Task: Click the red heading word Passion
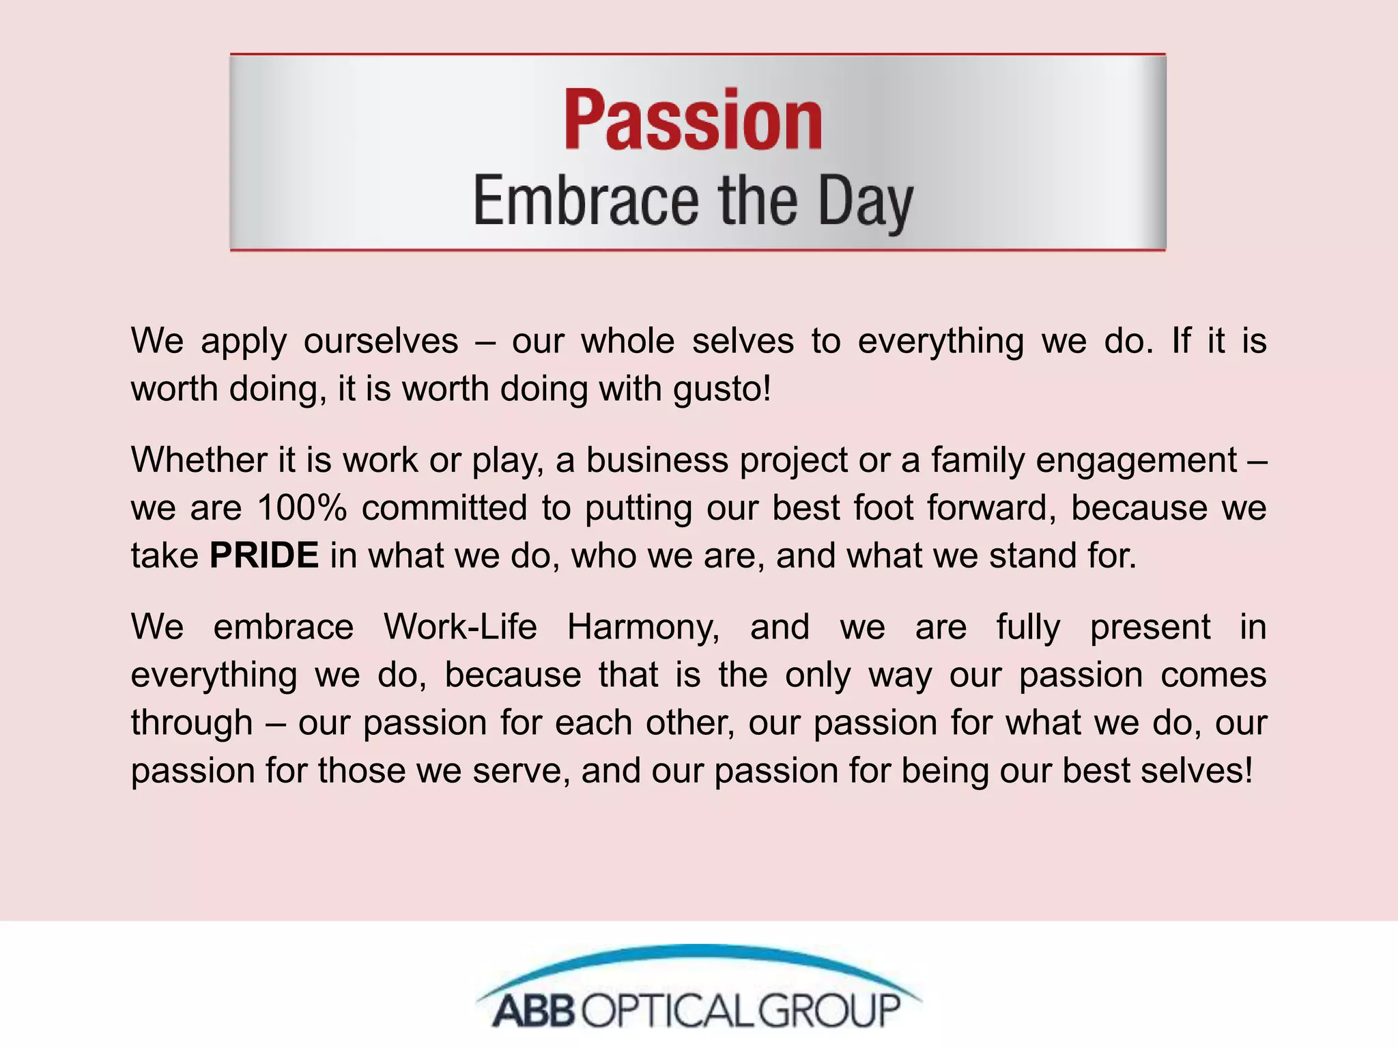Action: (693, 120)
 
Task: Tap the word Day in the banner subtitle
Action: (865, 202)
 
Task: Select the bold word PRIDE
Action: (264, 555)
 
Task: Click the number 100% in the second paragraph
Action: (302, 507)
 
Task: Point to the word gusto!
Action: (722, 389)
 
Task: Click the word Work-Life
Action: (460, 626)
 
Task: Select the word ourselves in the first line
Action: (381, 341)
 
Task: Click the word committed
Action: (444, 507)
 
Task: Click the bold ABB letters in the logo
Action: (533, 1011)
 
